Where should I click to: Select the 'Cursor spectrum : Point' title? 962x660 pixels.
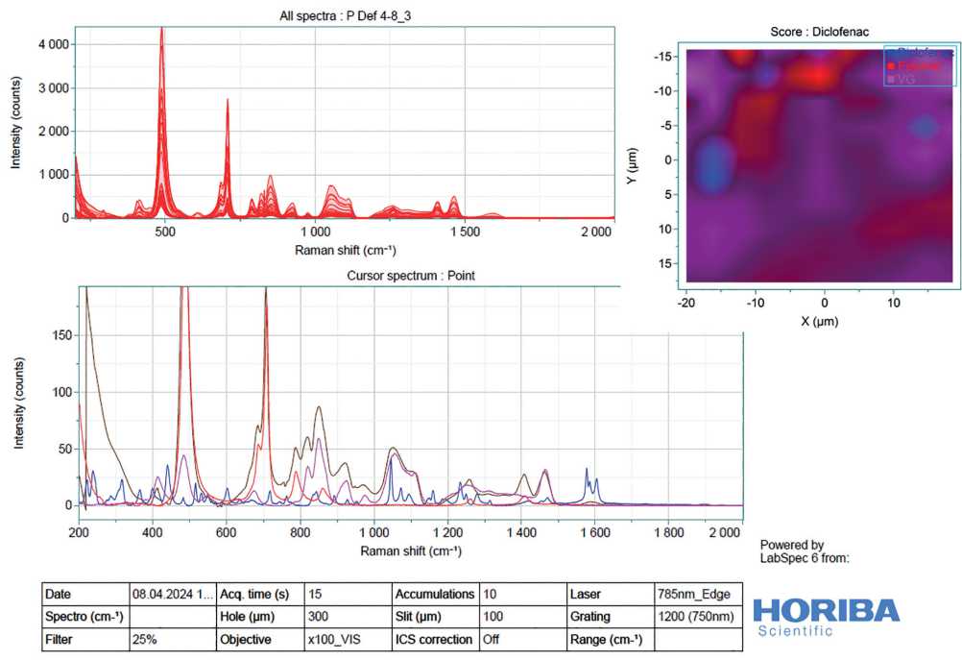click(410, 276)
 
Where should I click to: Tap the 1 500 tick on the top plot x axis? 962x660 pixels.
click(465, 232)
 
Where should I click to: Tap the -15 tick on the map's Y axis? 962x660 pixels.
click(661, 57)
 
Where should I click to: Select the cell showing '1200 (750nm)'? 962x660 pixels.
click(694, 617)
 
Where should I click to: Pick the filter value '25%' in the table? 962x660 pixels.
click(146, 639)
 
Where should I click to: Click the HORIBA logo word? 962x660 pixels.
click(826, 610)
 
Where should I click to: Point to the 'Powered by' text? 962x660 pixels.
click(791, 545)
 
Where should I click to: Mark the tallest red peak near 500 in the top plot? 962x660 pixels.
click(161, 30)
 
